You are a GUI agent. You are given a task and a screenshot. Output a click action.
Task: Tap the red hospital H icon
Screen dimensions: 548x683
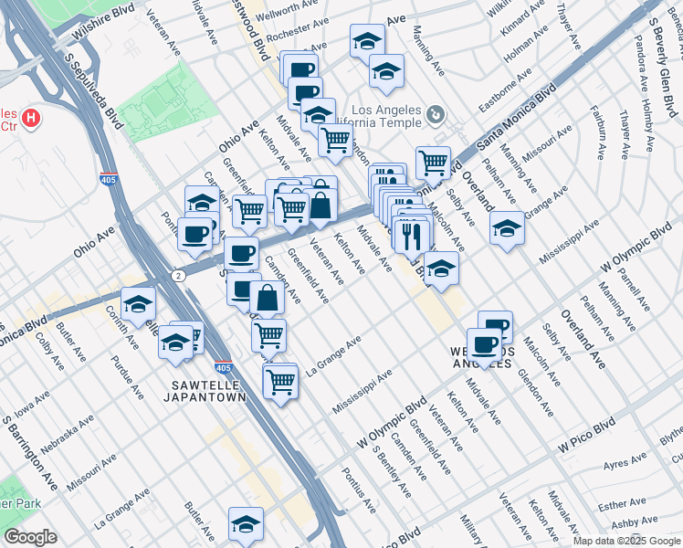pos(32,118)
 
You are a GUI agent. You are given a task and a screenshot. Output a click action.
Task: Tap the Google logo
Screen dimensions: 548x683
pos(30,537)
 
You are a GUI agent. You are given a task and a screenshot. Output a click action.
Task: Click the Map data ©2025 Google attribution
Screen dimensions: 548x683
pos(625,541)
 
